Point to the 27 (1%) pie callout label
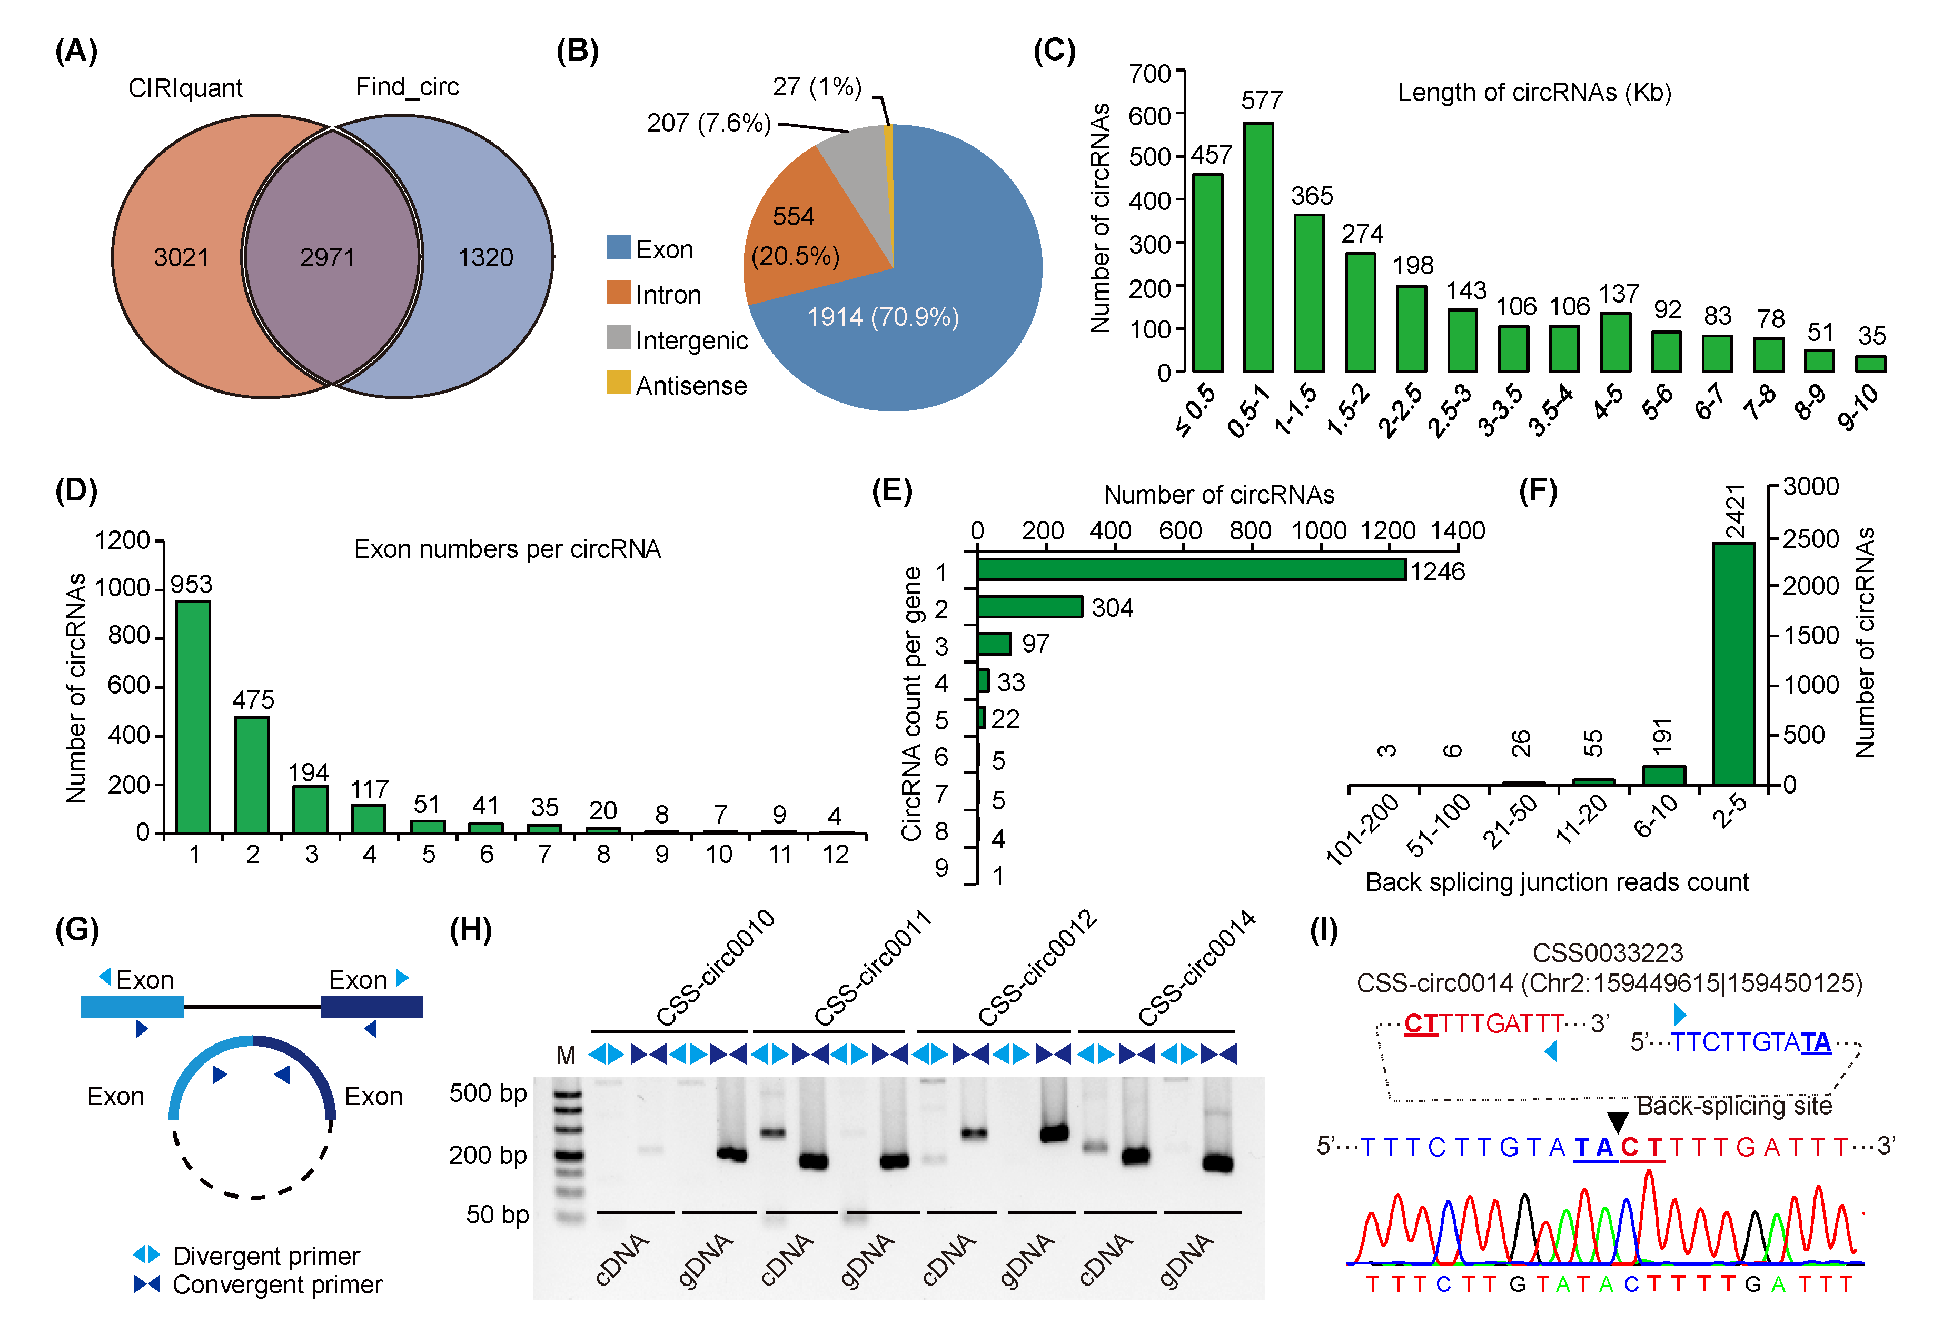(x=817, y=86)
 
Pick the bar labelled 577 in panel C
(x=1258, y=247)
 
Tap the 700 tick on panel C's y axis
(x=1150, y=74)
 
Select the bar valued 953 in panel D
(x=193, y=716)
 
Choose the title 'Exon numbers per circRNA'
(x=507, y=549)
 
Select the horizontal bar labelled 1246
(x=1191, y=570)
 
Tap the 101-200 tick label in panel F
(x=1362, y=828)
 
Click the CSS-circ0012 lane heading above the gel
(x=1038, y=969)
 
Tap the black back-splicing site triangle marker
(x=1618, y=1122)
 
